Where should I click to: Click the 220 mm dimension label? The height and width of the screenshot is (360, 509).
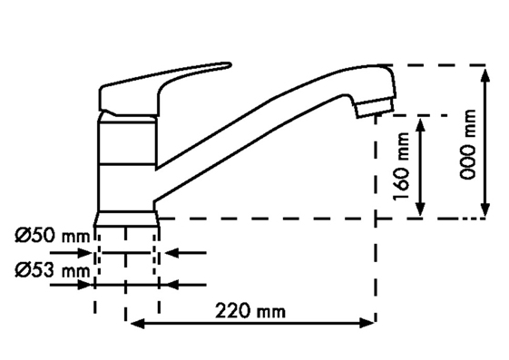pos(250,311)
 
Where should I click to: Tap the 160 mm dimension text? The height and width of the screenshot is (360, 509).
pos(401,167)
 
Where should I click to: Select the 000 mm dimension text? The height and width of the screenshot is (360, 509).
pos(468,144)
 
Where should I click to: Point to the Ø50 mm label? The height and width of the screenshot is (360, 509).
pos(52,235)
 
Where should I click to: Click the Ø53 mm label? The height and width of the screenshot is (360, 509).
pos(52,270)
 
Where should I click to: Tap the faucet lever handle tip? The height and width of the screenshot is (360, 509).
pos(229,65)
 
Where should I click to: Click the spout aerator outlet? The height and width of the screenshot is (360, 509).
pos(375,108)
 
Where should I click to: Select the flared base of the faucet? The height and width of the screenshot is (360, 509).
pos(126,219)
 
